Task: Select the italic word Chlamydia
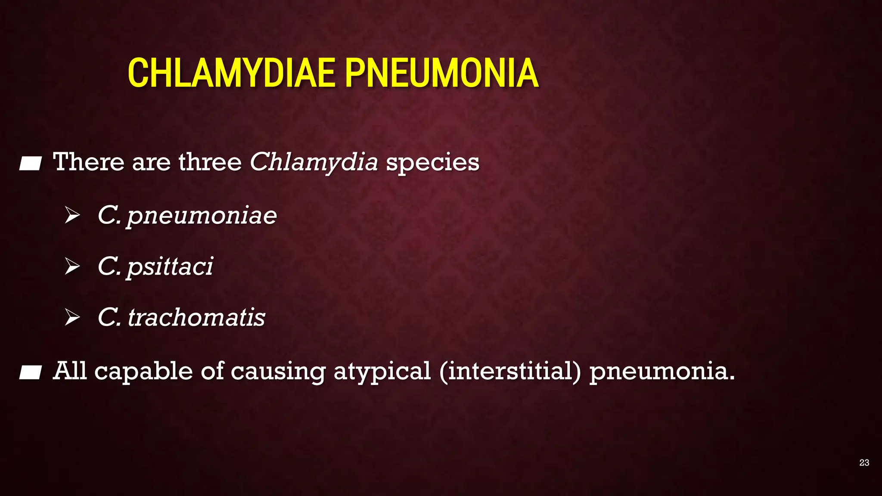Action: coord(314,162)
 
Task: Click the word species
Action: coord(432,163)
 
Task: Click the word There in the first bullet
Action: coord(88,162)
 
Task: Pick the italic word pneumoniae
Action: coord(202,215)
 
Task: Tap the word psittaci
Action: coord(170,266)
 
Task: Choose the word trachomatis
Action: coord(196,317)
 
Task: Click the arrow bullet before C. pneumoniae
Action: coord(72,215)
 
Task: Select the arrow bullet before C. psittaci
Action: coord(72,266)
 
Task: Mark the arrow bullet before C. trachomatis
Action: coord(72,317)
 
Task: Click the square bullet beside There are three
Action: coord(30,164)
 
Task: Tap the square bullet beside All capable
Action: coord(30,372)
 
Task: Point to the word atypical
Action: coord(382,371)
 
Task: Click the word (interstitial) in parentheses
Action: coord(510,371)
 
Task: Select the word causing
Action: coord(278,371)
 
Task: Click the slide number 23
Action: coord(864,462)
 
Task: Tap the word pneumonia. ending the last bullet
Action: coord(662,371)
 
